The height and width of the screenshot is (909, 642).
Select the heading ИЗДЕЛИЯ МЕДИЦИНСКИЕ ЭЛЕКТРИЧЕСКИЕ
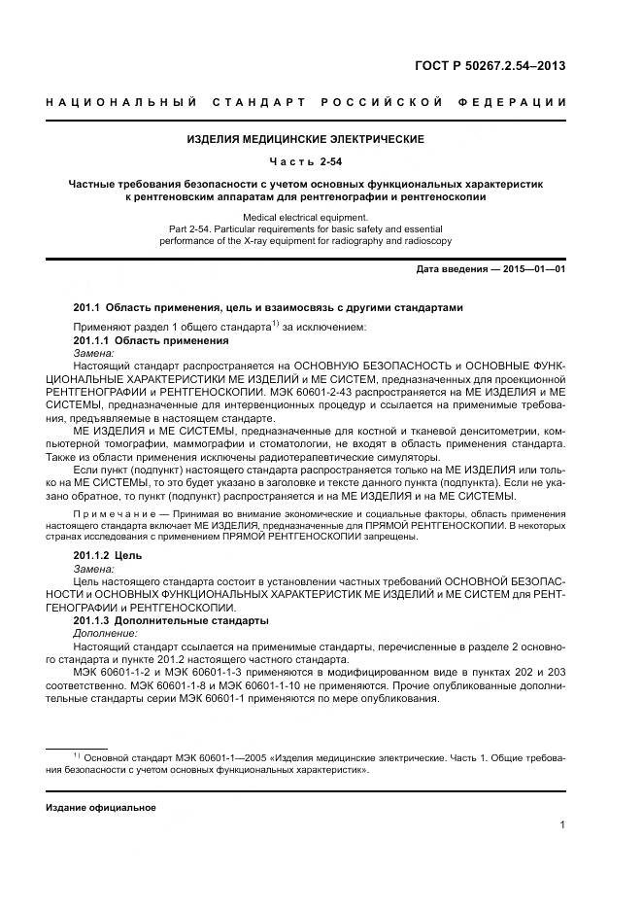(x=306, y=140)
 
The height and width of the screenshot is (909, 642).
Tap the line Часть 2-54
(x=306, y=161)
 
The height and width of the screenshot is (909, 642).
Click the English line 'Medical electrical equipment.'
(x=306, y=217)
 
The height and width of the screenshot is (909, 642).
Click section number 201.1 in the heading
(x=87, y=307)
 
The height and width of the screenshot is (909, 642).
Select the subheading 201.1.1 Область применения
(x=152, y=341)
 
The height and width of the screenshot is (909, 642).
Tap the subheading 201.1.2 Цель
(x=108, y=554)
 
